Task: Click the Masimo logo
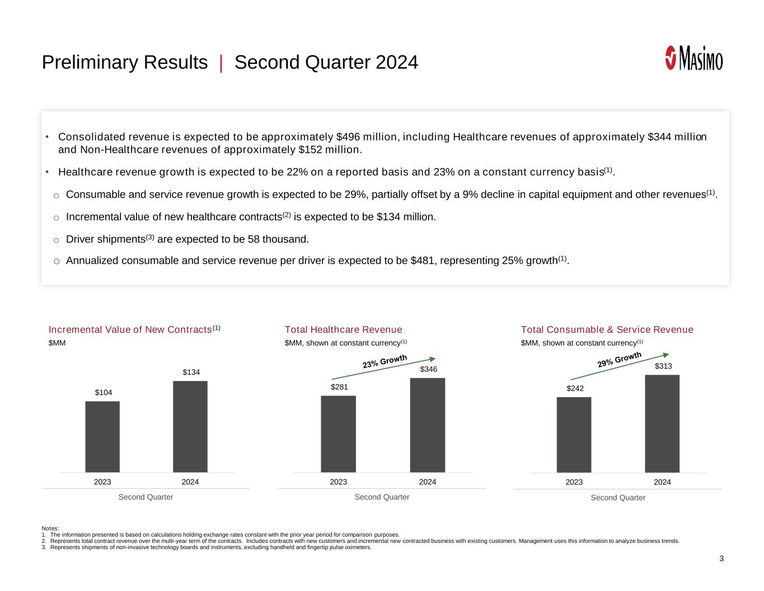click(693, 58)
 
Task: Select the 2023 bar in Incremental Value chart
click(102, 436)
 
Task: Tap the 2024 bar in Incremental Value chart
click(190, 426)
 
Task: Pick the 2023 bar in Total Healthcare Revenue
click(338, 434)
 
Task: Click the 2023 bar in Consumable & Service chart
click(574, 435)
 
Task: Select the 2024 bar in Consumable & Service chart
click(662, 424)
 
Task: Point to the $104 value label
click(103, 393)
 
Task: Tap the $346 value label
click(429, 369)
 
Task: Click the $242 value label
click(575, 388)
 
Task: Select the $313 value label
click(663, 366)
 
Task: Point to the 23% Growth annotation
click(385, 362)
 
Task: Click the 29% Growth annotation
click(619, 360)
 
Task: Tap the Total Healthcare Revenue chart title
click(343, 329)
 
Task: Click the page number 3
click(721, 559)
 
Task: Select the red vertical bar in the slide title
click(221, 63)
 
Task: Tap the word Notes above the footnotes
click(50, 528)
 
